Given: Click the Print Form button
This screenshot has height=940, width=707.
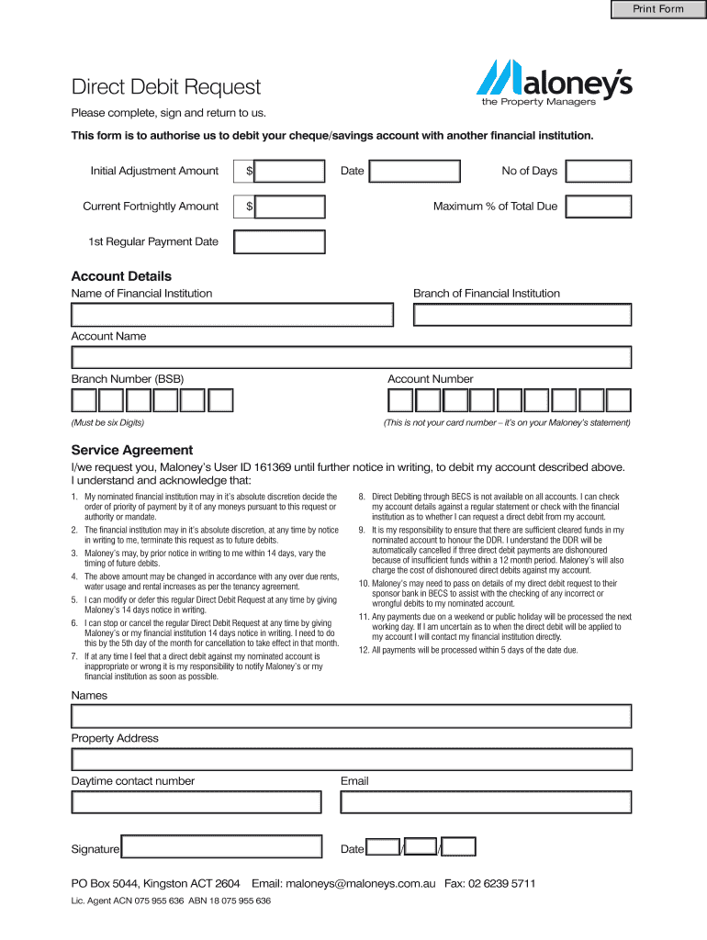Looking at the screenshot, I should click(x=658, y=9).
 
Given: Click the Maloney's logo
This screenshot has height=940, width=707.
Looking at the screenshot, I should click(x=554, y=81).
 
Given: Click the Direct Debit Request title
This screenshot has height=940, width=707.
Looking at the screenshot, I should click(x=166, y=87).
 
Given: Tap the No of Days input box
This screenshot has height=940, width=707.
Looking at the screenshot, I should click(x=599, y=171).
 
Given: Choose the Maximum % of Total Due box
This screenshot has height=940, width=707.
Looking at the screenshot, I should click(x=599, y=207).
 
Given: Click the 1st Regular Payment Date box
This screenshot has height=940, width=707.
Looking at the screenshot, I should click(x=279, y=241).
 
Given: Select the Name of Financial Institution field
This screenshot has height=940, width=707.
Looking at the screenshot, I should click(x=232, y=314).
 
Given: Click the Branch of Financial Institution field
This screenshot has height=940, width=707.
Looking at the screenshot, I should click(x=522, y=314).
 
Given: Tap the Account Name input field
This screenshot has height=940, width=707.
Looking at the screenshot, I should click(x=352, y=357).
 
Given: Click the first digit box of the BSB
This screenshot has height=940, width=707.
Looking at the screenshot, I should click(x=84, y=400).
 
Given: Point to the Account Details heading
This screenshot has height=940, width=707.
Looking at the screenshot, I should click(x=121, y=276).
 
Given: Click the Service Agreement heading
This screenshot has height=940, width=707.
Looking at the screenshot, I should click(x=132, y=450).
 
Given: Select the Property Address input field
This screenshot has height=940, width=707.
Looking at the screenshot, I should click(x=352, y=759).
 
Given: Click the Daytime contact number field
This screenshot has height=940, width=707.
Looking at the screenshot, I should click(x=196, y=801).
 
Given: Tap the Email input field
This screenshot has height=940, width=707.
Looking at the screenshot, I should click(x=486, y=801).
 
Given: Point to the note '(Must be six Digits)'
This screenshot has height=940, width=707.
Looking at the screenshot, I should click(x=107, y=423).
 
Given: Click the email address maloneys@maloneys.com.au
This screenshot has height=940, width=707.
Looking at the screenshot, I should click(x=359, y=884).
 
